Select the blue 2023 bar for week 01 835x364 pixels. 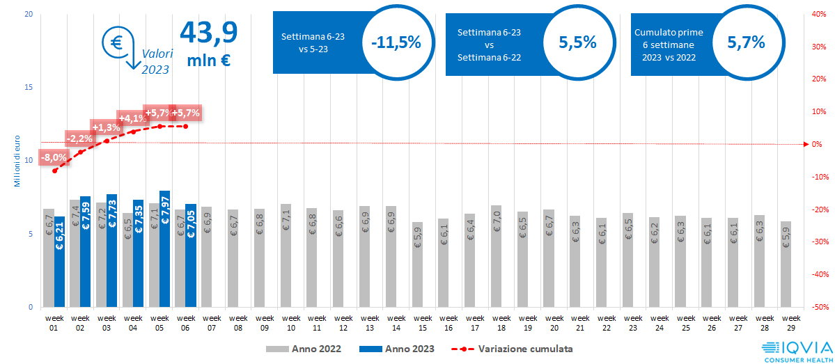click(60, 262)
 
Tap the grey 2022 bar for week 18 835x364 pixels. click(496, 256)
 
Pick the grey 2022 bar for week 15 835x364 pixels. click(416, 264)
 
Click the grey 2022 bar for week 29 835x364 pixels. click(786, 264)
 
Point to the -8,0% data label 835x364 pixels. click(54, 157)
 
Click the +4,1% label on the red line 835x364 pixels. click(132, 118)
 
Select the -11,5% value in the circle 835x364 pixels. click(396, 42)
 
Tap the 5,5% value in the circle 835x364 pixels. click(578, 42)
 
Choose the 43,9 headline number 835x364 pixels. click(209, 31)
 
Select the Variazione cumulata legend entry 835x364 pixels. click(515, 349)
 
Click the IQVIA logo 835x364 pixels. click(799, 350)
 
